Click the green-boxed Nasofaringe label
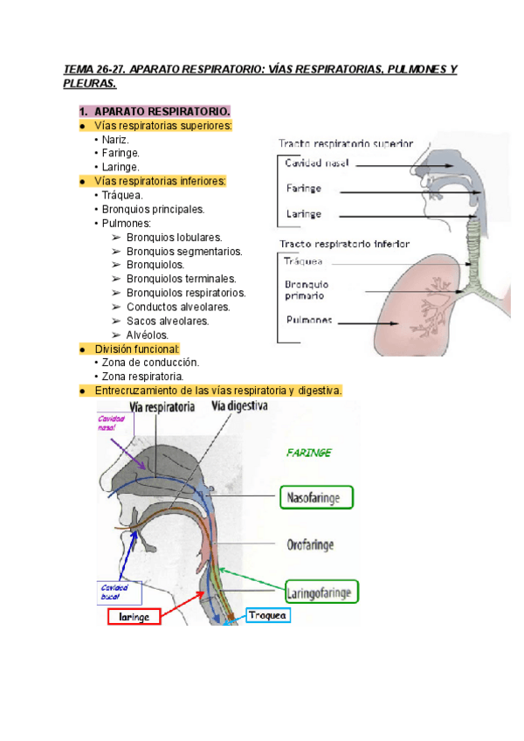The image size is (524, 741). click(315, 498)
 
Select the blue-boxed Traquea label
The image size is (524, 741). click(267, 615)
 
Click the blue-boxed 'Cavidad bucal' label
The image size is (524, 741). click(114, 593)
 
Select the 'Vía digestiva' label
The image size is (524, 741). click(238, 406)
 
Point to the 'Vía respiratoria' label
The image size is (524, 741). click(162, 406)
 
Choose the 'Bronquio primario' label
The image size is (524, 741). click(307, 289)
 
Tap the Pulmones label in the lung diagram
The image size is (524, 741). click(308, 320)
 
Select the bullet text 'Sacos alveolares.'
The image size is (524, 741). click(168, 321)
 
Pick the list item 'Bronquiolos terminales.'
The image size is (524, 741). click(181, 279)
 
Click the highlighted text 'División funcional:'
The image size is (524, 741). click(136, 349)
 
